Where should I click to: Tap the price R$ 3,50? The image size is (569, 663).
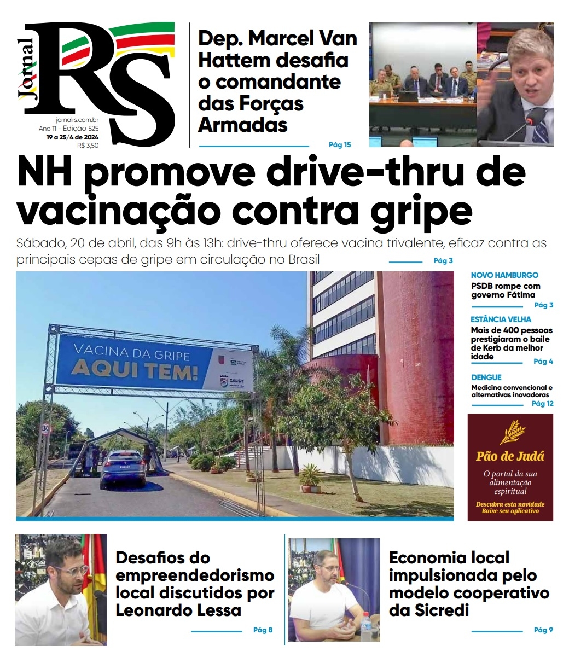(x=88, y=145)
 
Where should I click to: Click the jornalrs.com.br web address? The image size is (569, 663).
(x=77, y=120)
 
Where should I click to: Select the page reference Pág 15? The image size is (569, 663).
(x=339, y=145)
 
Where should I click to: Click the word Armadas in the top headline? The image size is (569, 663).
(x=242, y=125)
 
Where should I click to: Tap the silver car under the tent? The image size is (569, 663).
(x=123, y=469)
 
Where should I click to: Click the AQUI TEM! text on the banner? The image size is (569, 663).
(x=134, y=371)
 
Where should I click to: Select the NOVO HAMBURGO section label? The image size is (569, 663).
(x=504, y=275)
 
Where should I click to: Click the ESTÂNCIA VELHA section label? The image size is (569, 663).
(x=501, y=319)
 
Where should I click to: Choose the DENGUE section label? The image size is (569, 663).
(x=486, y=377)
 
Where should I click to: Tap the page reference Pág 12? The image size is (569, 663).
(x=542, y=404)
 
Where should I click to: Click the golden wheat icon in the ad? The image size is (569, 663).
(x=512, y=432)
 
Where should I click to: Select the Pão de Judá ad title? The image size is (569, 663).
(x=510, y=456)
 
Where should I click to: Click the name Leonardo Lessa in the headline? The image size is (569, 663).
(x=178, y=610)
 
